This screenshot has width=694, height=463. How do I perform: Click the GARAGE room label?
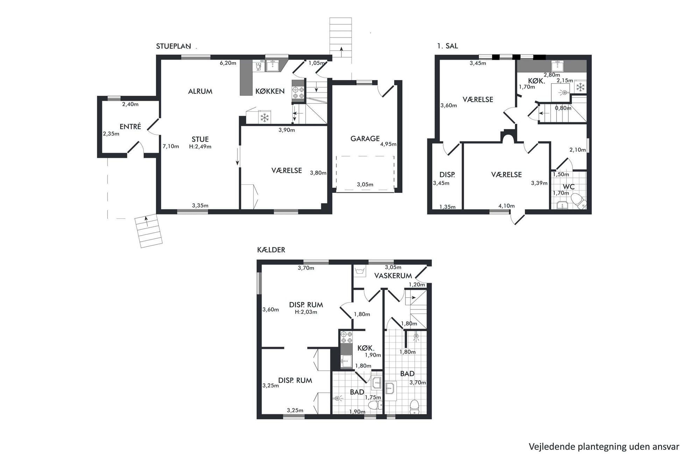365,139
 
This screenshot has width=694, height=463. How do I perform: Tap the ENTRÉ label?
130,127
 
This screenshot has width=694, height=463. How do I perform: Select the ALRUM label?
200,91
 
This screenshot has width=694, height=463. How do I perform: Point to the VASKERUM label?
393,276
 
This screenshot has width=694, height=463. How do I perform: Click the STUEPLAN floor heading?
173,46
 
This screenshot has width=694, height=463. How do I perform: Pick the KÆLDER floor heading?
271,250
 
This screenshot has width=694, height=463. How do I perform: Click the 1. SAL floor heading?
447,46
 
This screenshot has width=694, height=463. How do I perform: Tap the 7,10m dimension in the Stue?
171,146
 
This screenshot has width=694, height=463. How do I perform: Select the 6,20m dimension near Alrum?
228,63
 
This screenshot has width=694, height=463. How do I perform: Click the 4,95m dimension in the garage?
388,144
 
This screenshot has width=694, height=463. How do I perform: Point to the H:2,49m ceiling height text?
200,147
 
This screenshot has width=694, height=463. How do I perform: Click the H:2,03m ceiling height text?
306,312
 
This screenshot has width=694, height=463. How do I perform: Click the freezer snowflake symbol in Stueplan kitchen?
265,117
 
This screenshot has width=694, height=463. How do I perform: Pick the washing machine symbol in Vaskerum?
360,271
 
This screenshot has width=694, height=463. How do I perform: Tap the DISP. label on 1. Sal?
447,175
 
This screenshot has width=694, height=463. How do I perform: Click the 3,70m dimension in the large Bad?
418,383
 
